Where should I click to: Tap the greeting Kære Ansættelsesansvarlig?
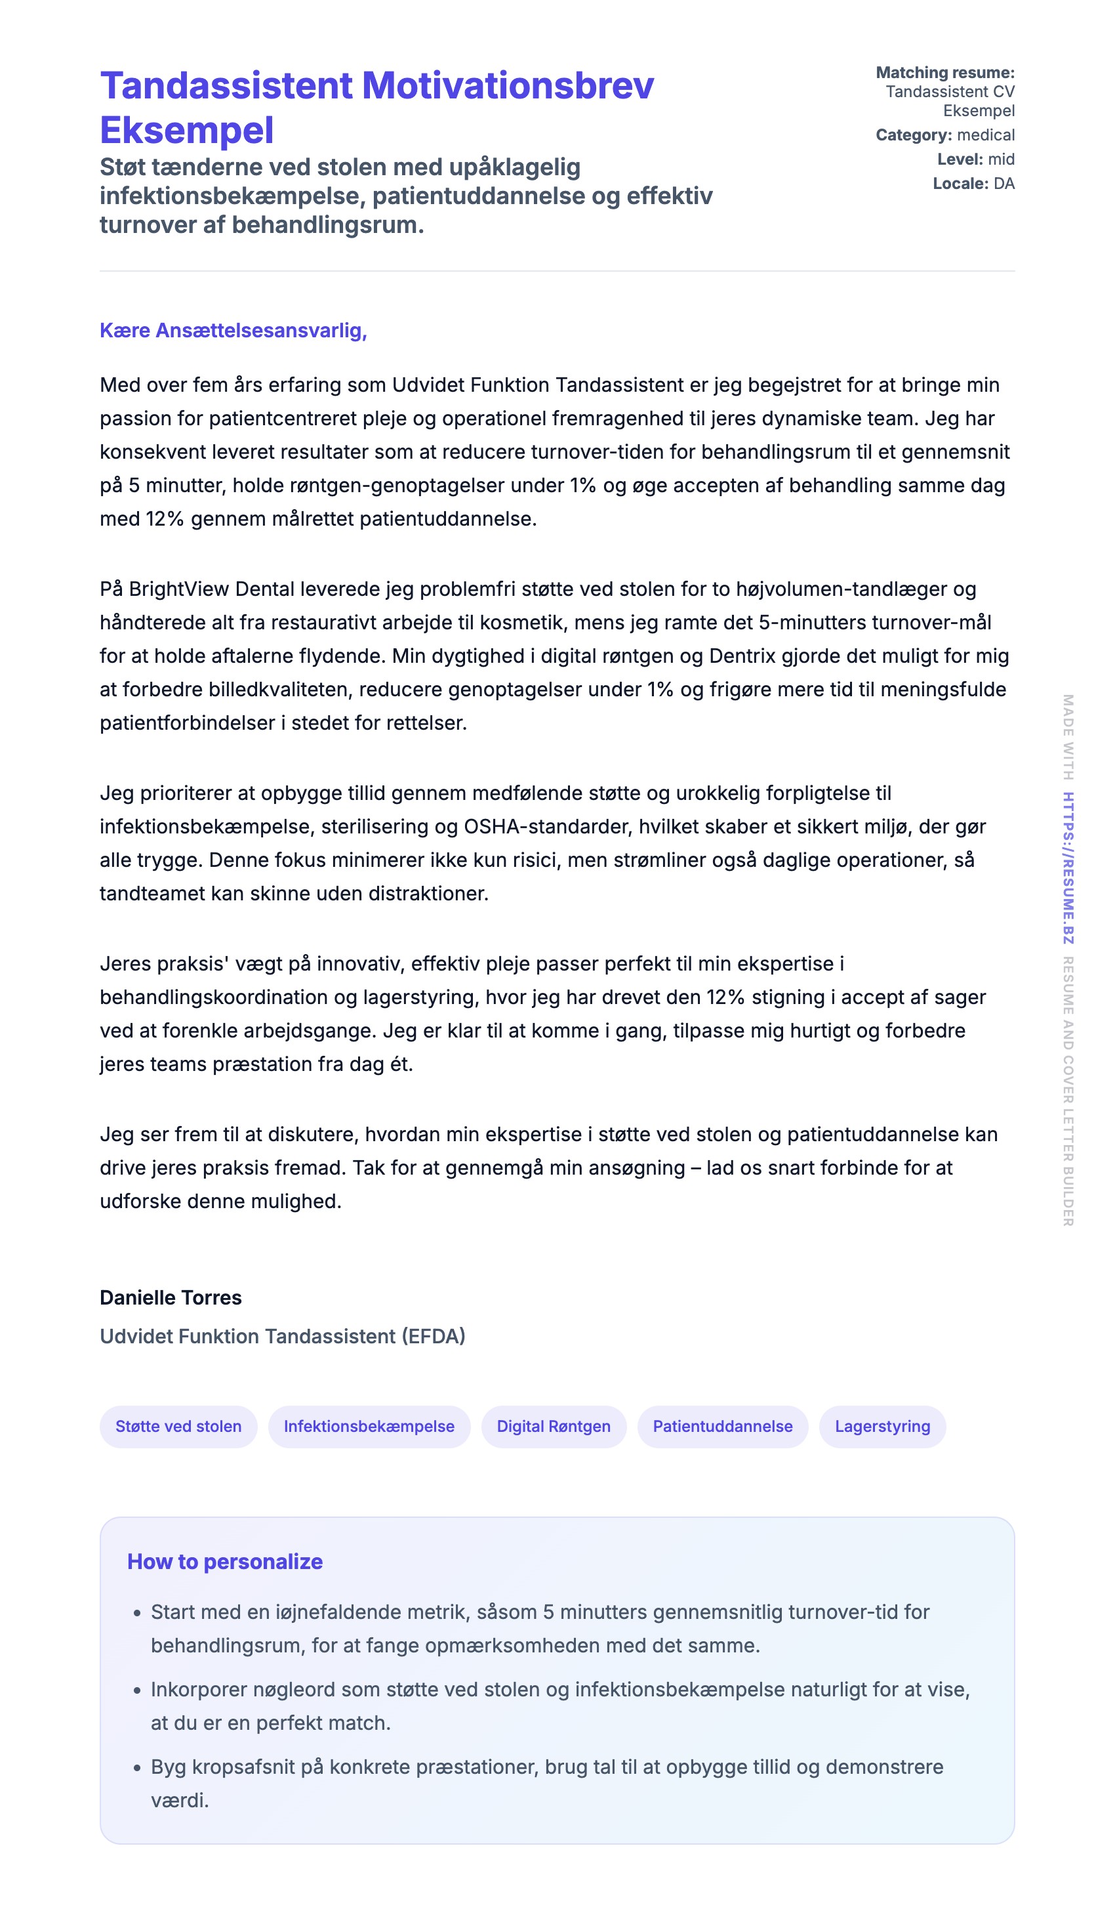[x=233, y=331]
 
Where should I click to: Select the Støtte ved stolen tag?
[x=178, y=1427]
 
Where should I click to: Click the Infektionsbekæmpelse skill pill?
[x=369, y=1427]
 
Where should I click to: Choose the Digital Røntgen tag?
[x=554, y=1427]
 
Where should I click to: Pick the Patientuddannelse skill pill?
[x=722, y=1427]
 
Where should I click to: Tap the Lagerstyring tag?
[x=882, y=1427]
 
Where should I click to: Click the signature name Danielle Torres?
[x=171, y=1298]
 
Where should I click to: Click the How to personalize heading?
[x=225, y=1562]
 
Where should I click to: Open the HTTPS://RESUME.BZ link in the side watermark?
[x=1067, y=868]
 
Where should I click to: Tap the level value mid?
[x=1002, y=159]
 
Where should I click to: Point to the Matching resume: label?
[x=945, y=73]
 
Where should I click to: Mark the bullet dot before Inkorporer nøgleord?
[x=137, y=1690]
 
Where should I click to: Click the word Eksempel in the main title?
[x=187, y=130]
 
